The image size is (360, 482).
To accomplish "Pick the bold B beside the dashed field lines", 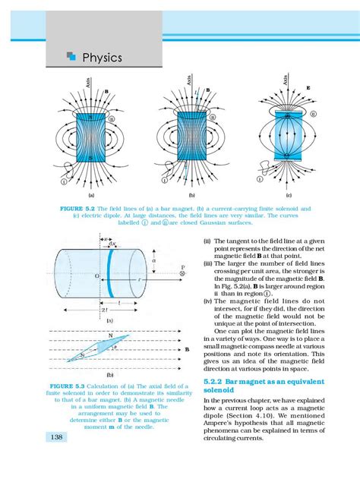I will pos(186,351).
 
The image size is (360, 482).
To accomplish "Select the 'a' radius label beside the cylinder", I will pos(154,260).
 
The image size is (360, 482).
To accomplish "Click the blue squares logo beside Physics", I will pos(71,55).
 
